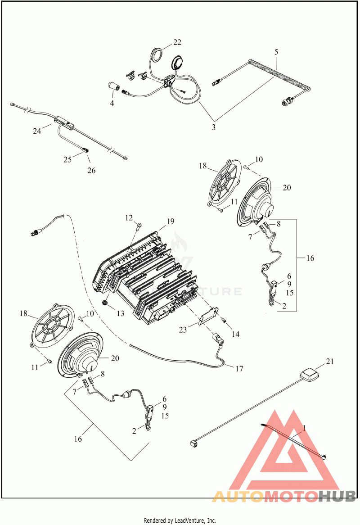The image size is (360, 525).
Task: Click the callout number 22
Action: pos(177,42)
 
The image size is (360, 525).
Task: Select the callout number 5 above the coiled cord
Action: pos(276,52)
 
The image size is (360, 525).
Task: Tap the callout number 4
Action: pos(112,104)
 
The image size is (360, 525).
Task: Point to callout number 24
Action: pos(37,131)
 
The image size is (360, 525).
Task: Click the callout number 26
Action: pos(91,171)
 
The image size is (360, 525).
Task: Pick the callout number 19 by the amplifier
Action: pos(170,222)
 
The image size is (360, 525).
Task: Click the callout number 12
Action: pos(129,218)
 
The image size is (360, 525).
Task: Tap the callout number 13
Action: pos(120,313)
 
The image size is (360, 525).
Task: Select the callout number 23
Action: pos(183,330)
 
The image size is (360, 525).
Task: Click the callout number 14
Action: pos(236,334)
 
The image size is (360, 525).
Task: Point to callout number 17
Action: pos(239,369)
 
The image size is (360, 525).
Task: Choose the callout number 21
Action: pos(330,362)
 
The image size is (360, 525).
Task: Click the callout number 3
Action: pos(213,127)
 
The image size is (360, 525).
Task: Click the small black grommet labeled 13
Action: pos(105,303)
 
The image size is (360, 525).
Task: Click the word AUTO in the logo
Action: pos(238,496)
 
